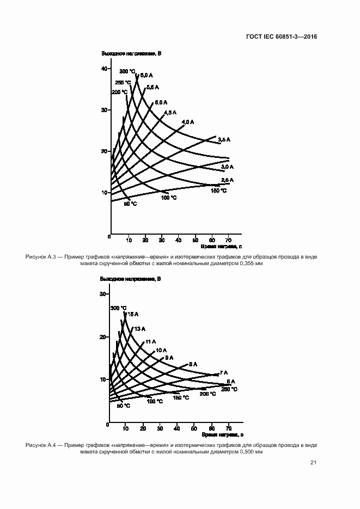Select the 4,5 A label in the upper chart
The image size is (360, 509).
(170, 112)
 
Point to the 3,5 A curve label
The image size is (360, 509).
(224, 140)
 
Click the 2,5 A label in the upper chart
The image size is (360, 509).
(227, 180)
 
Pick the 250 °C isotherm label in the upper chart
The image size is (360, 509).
(123, 82)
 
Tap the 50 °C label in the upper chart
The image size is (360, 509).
(130, 204)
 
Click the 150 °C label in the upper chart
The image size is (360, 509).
(219, 191)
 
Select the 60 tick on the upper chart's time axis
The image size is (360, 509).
(211, 239)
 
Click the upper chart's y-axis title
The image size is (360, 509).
(131, 53)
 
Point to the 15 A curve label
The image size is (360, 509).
(132, 314)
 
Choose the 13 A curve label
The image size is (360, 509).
(139, 328)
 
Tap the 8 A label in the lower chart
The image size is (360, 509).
(193, 364)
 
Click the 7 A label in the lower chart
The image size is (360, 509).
(223, 372)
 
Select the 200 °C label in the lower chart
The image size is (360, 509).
(208, 393)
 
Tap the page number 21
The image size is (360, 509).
(313, 463)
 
